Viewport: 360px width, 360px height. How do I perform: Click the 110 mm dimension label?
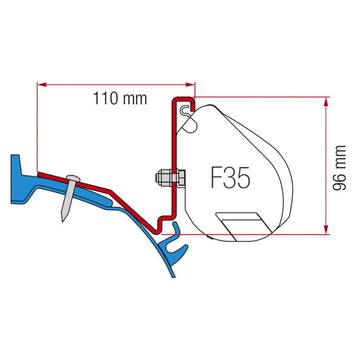(x=120, y=98)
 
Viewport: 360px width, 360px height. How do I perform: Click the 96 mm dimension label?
(x=339, y=168)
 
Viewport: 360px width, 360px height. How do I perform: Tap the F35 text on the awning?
(x=230, y=178)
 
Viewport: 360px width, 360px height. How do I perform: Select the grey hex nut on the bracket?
(x=164, y=178)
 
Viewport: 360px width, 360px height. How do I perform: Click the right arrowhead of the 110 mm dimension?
(x=190, y=85)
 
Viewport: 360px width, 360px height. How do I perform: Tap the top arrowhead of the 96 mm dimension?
(x=326, y=102)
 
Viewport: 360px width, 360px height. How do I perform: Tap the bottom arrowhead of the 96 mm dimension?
(x=326, y=229)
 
